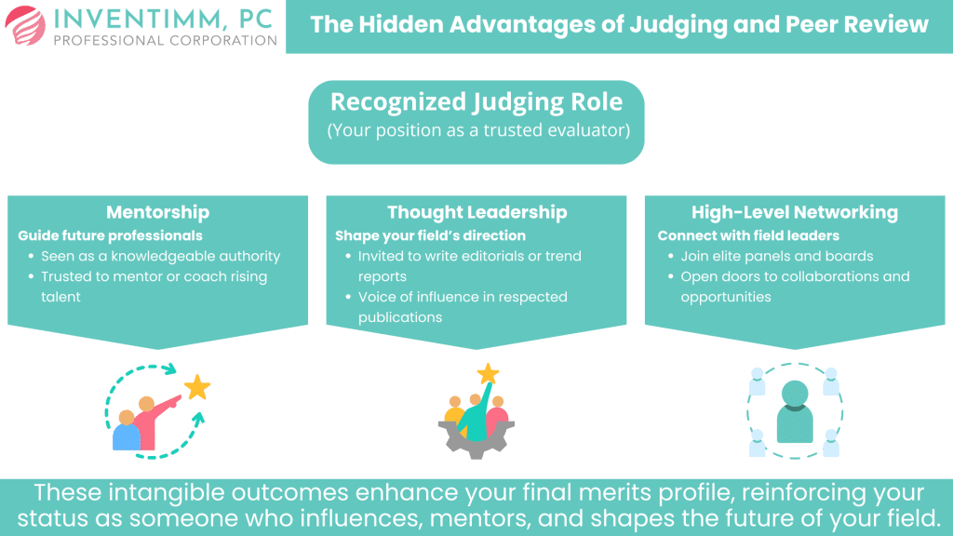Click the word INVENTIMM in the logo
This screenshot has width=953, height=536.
coord(132,18)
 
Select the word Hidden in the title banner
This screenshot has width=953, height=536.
coord(404,25)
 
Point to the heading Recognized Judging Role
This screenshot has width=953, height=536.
coord(476,102)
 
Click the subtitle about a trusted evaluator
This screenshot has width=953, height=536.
coord(477,130)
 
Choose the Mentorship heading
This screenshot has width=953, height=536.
coord(157,212)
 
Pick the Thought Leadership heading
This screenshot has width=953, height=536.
coord(476,212)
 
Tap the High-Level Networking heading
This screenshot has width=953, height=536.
coord(794,212)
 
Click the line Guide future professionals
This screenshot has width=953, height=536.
coord(111,235)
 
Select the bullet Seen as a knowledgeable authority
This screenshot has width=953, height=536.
coord(160,256)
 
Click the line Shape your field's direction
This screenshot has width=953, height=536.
coord(430,235)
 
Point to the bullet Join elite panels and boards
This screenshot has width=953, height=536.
coord(777,256)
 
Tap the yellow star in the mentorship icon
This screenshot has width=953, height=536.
coord(197,387)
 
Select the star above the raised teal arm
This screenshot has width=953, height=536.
coord(488,373)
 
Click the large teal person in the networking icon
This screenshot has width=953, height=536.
coord(794,410)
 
